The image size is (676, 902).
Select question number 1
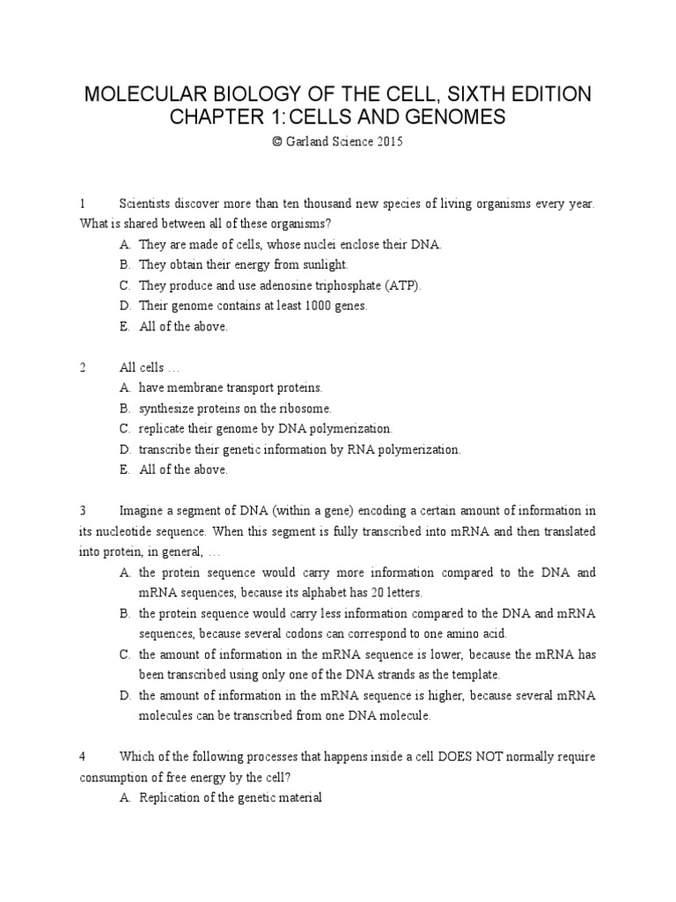click(x=82, y=203)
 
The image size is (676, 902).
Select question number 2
click(x=82, y=367)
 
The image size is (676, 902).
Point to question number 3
click(x=82, y=511)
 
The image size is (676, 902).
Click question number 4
click(x=82, y=757)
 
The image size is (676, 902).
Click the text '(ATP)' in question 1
click(x=404, y=285)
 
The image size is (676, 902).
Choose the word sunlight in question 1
click(x=324, y=265)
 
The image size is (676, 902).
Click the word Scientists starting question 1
click(x=147, y=203)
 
